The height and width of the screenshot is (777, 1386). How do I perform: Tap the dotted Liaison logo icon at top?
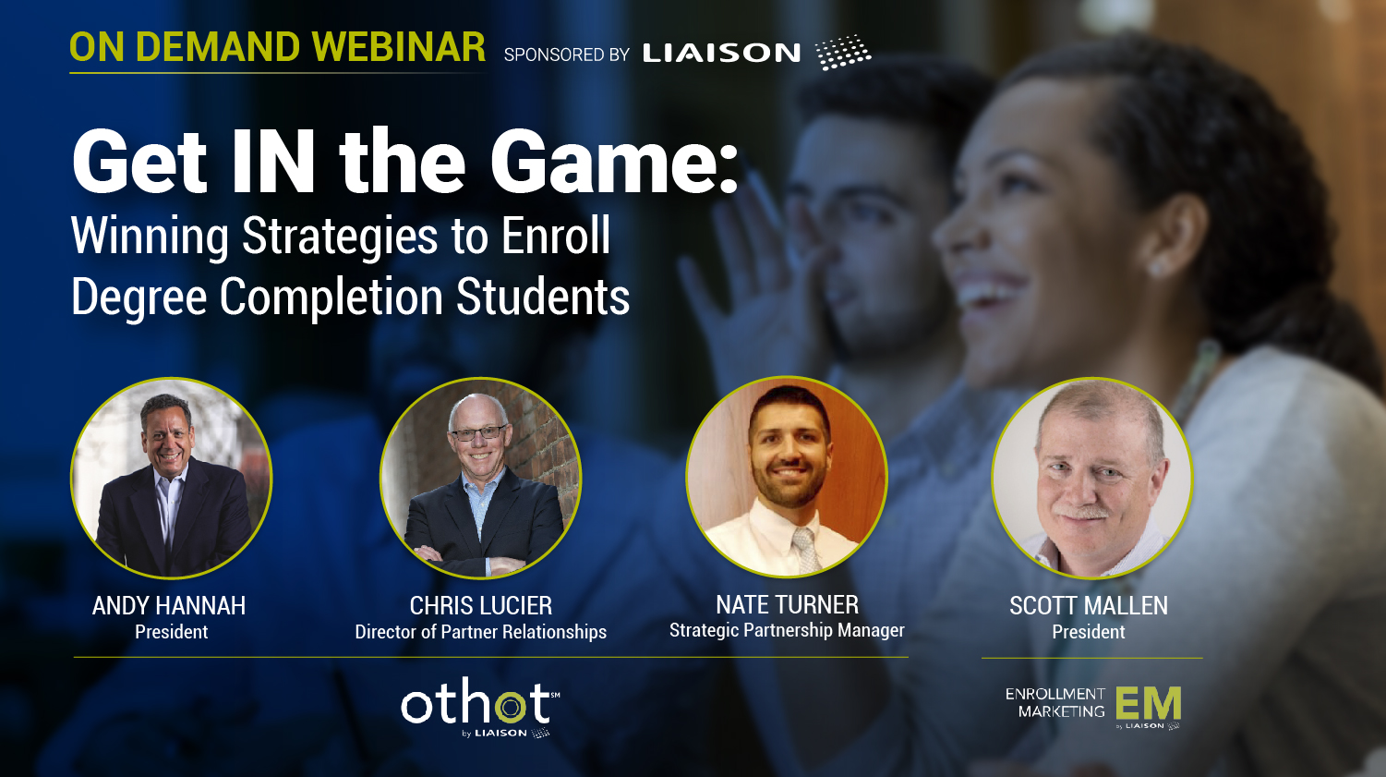coord(843,52)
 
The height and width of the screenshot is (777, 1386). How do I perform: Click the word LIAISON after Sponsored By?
coord(721,54)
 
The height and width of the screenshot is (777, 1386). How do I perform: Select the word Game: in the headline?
coord(614,163)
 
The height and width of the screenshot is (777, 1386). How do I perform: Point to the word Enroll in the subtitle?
coord(556,236)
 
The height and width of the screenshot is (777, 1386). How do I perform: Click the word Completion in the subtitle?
coord(331,297)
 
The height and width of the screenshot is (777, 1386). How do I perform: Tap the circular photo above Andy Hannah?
coord(172,478)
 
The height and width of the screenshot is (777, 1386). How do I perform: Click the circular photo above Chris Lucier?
coord(481,478)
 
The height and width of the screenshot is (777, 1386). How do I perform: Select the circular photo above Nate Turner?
coord(787,477)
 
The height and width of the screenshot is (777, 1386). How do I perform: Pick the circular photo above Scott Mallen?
coord(1092,478)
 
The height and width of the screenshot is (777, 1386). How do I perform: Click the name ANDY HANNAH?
coord(169,605)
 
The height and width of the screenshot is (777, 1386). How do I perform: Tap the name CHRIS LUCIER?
coord(481,605)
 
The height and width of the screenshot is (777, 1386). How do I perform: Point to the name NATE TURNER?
coord(787,604)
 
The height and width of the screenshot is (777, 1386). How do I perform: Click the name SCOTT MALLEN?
coord(1089,605)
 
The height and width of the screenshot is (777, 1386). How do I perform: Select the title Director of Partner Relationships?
coord(481,632)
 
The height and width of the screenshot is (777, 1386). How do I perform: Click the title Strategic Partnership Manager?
coord(787,630)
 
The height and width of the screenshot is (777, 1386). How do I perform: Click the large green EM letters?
coord(1149,703)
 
